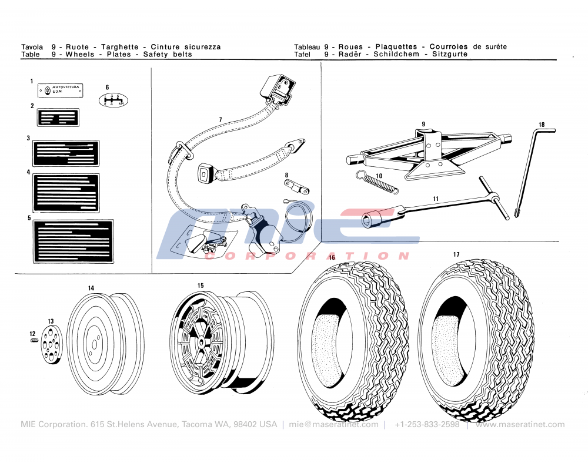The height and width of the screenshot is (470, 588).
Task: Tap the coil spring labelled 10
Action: tap(377, 182)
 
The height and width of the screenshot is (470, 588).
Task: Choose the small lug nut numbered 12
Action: tap(34, 341)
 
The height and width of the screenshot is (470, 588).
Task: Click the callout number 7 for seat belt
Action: tap(220, 120)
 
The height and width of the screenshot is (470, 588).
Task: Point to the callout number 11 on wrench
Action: tap(436, 199)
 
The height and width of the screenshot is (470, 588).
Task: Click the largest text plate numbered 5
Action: tap(73, 241)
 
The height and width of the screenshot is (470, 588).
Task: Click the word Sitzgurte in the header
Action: tap(450, 54)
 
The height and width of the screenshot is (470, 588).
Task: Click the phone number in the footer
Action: tap(427, 425)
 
